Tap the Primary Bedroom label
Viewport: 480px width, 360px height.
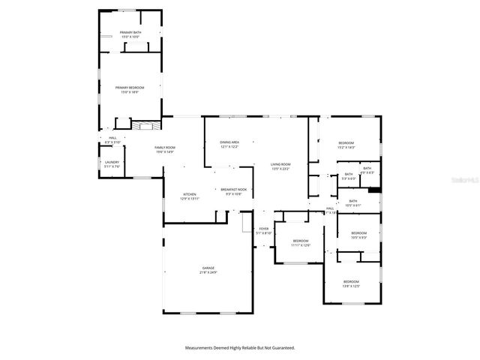click(x=130, y=89)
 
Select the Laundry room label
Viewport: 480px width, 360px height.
click(x=112, y=164)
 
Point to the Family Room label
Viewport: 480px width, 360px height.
click(x=165, y=149)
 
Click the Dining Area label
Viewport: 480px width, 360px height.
click(x=229, y=144)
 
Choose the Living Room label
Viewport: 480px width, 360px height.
click(x=280, y=166)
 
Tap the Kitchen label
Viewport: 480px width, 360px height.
click(x=189, y=196)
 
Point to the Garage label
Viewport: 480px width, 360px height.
click(x=208, y=270)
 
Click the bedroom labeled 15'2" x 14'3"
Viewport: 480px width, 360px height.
click(x=346, y=145)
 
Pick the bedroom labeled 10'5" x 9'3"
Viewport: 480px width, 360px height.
click(x=359, y=235)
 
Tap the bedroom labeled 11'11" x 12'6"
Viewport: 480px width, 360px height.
click(x=300, y=243)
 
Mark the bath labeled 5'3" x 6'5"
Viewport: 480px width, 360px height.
click(x=349, y=176)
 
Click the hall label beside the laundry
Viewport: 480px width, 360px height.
click(x=112, y=139)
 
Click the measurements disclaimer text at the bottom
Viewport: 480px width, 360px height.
click(x=240, y=348)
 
